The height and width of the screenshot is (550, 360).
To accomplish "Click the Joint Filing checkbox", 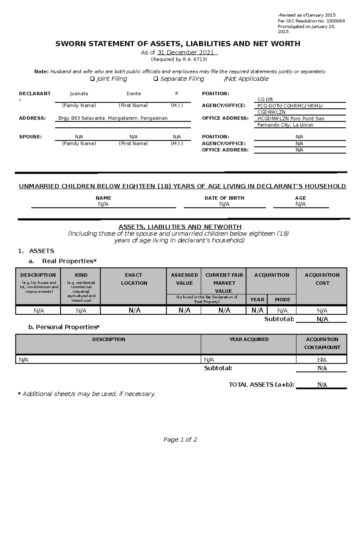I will click(92, 79).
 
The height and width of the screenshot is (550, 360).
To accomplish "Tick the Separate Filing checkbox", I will click(155, 79).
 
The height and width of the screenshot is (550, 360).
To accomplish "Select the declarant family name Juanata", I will click(79, 94).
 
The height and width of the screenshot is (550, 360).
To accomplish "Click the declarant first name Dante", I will click(133, 94).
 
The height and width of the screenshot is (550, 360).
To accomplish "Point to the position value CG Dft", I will click(265, 100).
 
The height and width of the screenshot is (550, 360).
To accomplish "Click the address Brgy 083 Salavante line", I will click(113, 118).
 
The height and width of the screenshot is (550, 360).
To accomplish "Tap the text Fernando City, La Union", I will click(285, 125).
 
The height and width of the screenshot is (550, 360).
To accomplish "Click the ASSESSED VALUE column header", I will click(184, 279).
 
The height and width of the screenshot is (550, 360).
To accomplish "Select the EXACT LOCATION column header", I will click(134, 279).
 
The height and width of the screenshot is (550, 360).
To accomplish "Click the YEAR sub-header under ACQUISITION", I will click(257, 299).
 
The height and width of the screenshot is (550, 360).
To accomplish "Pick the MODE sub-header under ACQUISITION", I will click(282, 299).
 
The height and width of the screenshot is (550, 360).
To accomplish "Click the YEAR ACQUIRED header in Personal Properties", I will click(249, 339).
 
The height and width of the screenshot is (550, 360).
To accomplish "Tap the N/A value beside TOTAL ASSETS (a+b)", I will click(322, 385).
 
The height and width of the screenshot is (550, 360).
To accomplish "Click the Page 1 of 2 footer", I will click(180, 440).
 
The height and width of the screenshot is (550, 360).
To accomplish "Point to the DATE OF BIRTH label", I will click(224, 198).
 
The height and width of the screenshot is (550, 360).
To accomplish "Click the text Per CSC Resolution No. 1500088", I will click(311, 21).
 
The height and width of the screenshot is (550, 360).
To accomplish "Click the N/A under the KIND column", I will click(81, 311).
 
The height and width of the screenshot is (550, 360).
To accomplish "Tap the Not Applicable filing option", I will click(246, 79).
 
